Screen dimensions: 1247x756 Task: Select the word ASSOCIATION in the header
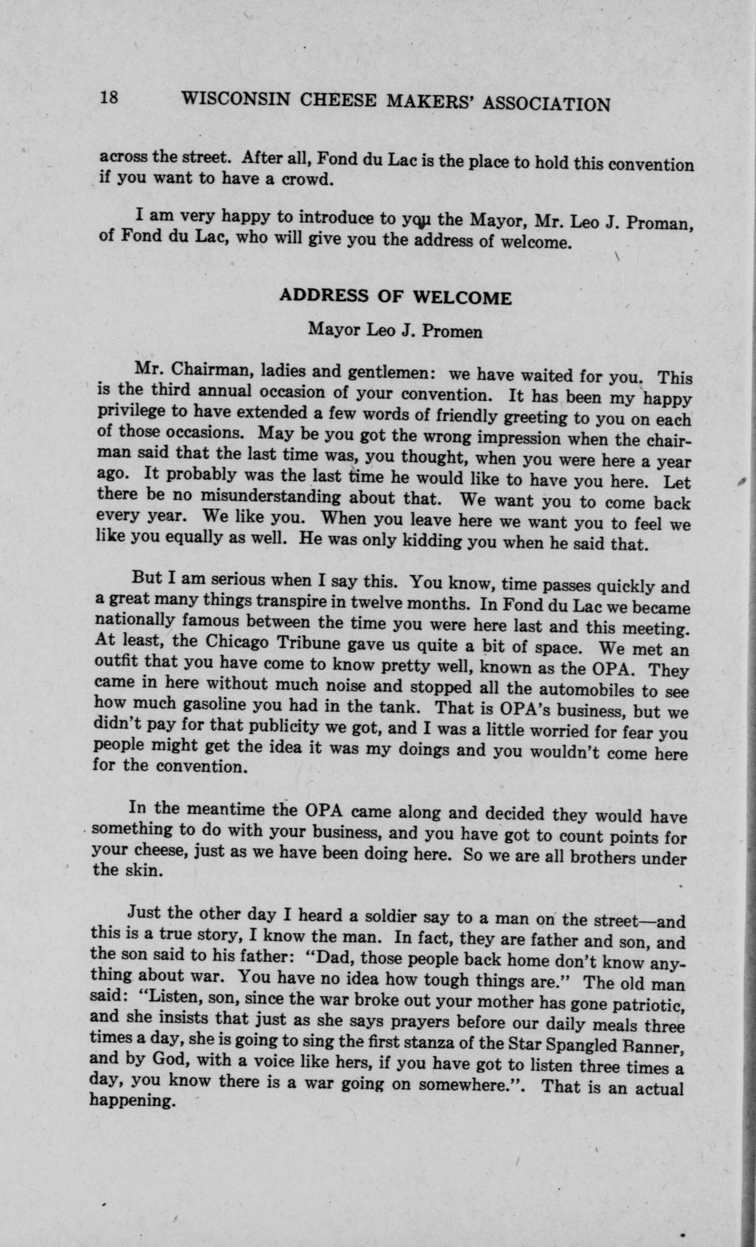[546, 104]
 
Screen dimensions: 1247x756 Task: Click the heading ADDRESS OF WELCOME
[396, 297]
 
